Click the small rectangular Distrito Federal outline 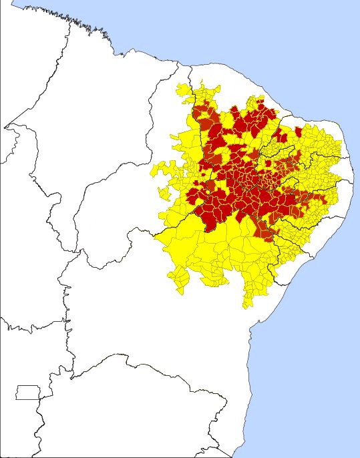point(28,393)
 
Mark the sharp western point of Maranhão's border point(6,126)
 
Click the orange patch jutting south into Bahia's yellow point(266,234)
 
